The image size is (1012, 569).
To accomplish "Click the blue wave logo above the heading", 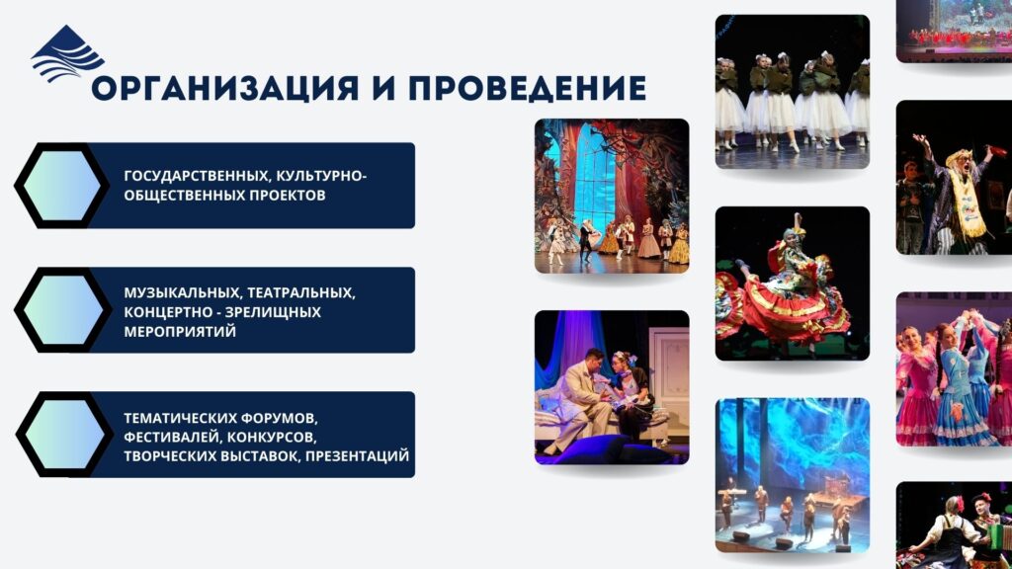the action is tap(67, 54).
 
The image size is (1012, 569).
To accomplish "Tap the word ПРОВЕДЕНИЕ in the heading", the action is tap(528, 89).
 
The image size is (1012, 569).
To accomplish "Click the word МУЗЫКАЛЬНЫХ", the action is tap(183, 292).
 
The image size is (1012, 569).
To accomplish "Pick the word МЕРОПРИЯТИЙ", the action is tap(180, 332).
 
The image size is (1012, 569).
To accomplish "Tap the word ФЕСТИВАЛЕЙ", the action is tap(172, 438).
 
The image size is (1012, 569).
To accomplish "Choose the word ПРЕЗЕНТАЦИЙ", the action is tap(357, 456).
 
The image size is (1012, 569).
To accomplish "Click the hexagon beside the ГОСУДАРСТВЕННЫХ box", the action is tap(62, 186).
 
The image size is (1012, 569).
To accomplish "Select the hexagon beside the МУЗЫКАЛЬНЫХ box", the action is tap(62, 310).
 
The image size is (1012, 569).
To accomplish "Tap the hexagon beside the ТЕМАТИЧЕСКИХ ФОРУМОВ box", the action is tap(63, 435).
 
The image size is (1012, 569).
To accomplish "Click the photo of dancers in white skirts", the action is tap(793, 92).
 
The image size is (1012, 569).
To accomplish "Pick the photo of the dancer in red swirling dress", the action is tap(793, 284).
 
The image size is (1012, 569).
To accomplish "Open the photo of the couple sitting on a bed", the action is tap(612, 387).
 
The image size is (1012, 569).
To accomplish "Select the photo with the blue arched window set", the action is tap(612, 196).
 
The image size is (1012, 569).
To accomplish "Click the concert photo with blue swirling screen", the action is tap(793, 475).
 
